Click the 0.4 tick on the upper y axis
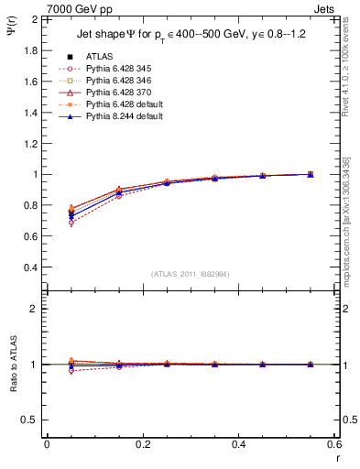point(31,267)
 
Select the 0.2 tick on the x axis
point(142,443)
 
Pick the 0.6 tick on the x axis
point(334,443)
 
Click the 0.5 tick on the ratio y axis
point(31,420)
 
